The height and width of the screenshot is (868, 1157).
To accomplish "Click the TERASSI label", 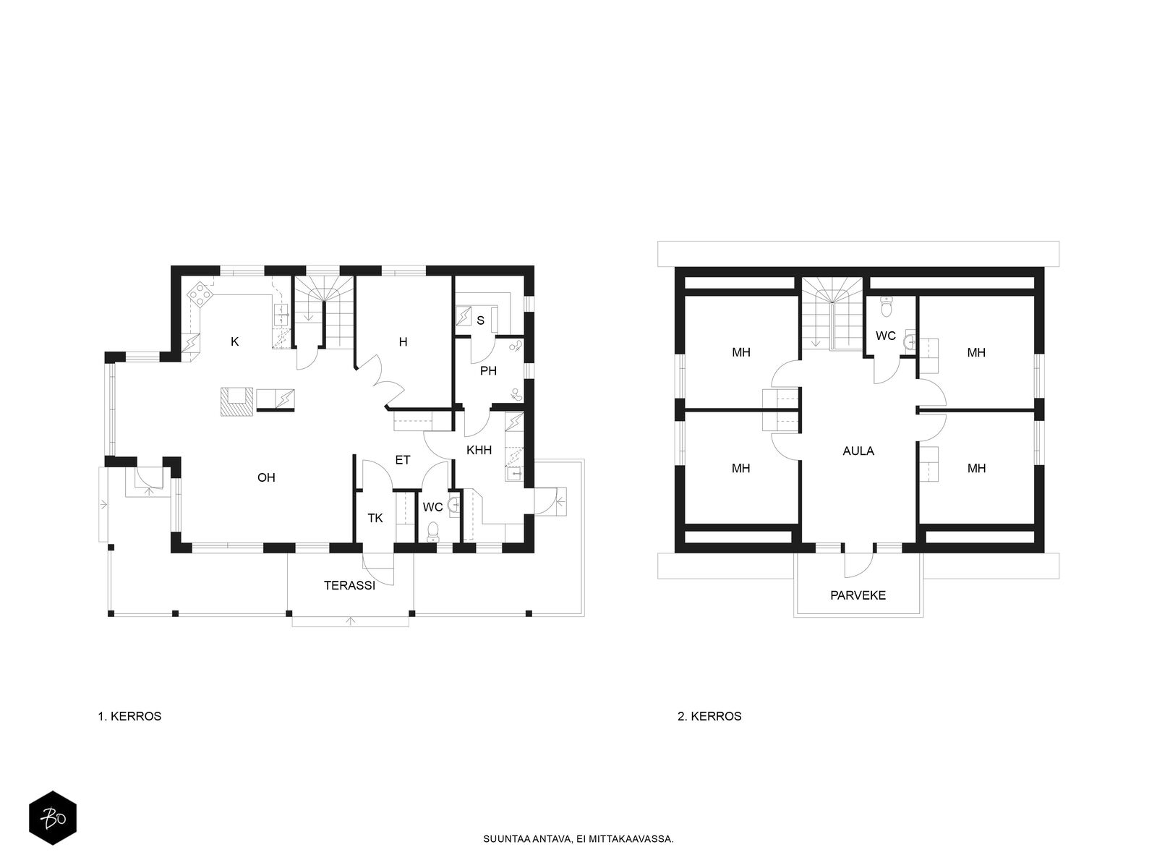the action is click(x=349, y=585).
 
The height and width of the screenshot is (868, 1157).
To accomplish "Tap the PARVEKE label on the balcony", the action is click(x=858, y=595).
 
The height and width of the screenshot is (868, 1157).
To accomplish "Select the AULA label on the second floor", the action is click(x=858, y=451).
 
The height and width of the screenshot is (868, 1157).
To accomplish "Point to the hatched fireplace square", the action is click(x=235, y=402).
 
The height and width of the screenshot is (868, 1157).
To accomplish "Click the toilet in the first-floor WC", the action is click(x=432, y=532).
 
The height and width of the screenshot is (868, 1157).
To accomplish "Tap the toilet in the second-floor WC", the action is click(x=887, y=306).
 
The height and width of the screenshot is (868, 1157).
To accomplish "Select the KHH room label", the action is click(x=479, y=450).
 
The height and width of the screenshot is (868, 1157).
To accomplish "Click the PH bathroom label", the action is click(x=489, y=371).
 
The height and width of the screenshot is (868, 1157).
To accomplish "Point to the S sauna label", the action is click(x=480, y=320).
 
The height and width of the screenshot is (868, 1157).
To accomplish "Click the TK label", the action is click(x=375, y=519).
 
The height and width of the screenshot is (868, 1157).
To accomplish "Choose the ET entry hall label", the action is click(x=403, y=460).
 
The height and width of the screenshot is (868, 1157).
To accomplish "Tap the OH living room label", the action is click(x=266, y=477).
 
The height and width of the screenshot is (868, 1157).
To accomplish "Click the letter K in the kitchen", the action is click(x=235, y=342).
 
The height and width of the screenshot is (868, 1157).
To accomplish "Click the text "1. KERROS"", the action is click(x=129, y=716).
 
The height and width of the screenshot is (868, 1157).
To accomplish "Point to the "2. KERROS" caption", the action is click(x=709, y=716).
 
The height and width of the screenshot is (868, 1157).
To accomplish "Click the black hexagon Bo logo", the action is click(x=53, y=818).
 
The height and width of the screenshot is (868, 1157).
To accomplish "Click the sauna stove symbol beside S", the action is click(x=464, y=316).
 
